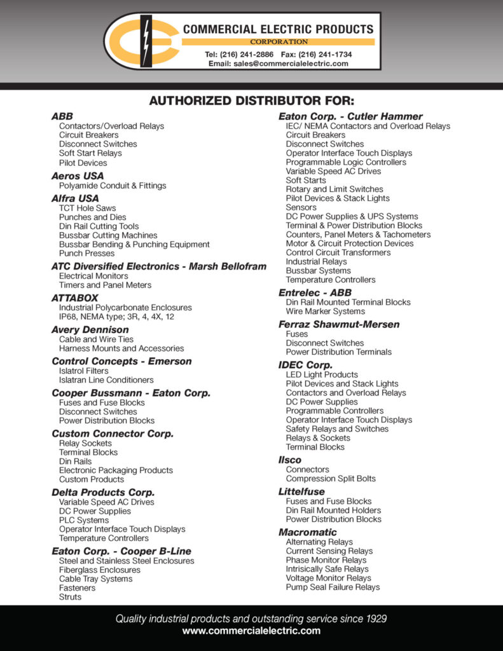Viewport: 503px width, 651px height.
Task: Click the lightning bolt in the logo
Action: pos(146,40)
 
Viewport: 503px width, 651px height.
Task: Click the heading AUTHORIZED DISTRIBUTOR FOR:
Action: pos(251,101)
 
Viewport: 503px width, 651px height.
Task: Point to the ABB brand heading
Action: pos(62,116)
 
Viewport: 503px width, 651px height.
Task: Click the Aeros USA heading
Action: pos(78,176)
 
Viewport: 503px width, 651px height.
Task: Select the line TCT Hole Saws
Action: pos(87,208)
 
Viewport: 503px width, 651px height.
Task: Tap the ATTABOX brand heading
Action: pos(75,298)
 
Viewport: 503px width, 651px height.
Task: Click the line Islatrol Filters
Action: pos(84,371)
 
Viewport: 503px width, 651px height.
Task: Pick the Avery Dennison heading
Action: pos(90,330)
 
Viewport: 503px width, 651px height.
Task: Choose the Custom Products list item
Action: pos(92,479)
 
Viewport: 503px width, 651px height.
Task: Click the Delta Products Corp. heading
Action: pos(103,493)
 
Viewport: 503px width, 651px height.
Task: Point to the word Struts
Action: pos(71,597)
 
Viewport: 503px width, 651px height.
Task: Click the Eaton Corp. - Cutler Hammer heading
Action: pos(350,116)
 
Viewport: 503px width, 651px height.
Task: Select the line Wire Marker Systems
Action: pos(326,312)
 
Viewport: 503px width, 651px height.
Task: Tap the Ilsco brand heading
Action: pos(290,460)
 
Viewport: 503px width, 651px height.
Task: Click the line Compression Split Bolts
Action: pos(331,479)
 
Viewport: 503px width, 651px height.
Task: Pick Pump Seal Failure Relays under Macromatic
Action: pos(333,587)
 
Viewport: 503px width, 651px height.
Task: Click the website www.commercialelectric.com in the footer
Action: pos(251,631)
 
